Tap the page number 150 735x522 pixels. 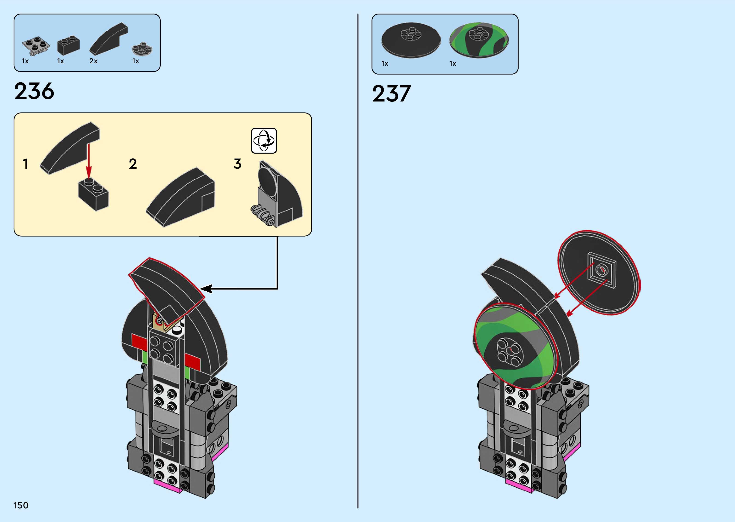point(21,505)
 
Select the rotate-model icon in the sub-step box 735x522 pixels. point(264,141)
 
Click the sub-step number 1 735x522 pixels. point(25,164)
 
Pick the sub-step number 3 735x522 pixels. point(237,164)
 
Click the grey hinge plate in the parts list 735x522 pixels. point(36,45)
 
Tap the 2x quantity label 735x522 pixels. point(93,61)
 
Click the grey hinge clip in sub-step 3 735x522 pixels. point(263,215)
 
